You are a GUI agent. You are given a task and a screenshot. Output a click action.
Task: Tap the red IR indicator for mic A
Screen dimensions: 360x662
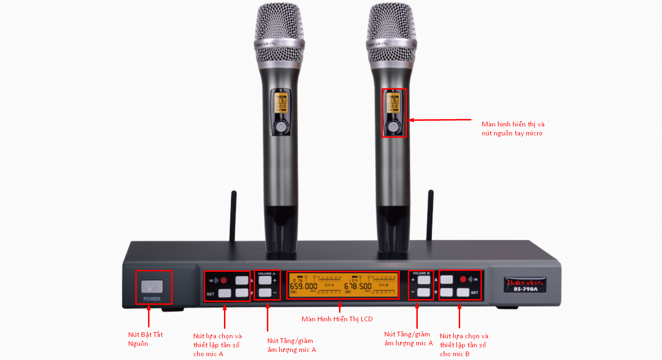click(x=223, y=280)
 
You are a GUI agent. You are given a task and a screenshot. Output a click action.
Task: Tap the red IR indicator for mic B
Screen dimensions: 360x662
click(x=463, y=279)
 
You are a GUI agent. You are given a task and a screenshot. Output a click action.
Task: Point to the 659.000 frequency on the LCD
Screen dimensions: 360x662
click(x=303, y=286)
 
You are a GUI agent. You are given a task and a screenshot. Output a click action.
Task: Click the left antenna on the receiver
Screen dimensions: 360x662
click(x=234, y=217)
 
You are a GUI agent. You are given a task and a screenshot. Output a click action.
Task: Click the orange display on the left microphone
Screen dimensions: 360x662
click(x=281, y=102)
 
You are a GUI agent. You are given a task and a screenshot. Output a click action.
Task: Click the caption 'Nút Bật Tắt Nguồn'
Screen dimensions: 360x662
click(x=146, y=339)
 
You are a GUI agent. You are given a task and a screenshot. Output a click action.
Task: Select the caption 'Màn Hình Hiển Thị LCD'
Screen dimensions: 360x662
click(x=337, y=319)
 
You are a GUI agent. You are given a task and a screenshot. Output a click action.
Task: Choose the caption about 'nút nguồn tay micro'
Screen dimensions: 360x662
click(x=513, y=129)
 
